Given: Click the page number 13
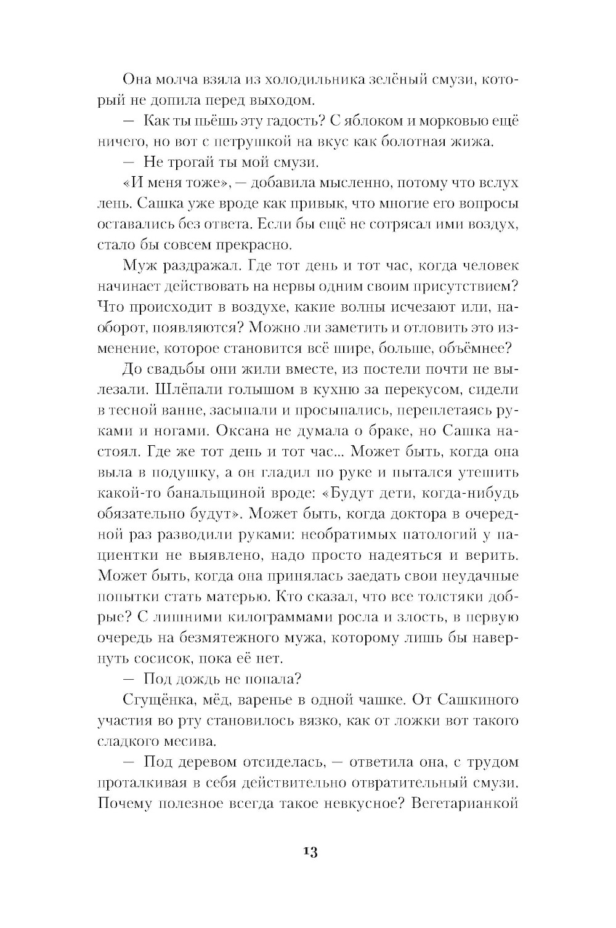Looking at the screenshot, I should point(309,852).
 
